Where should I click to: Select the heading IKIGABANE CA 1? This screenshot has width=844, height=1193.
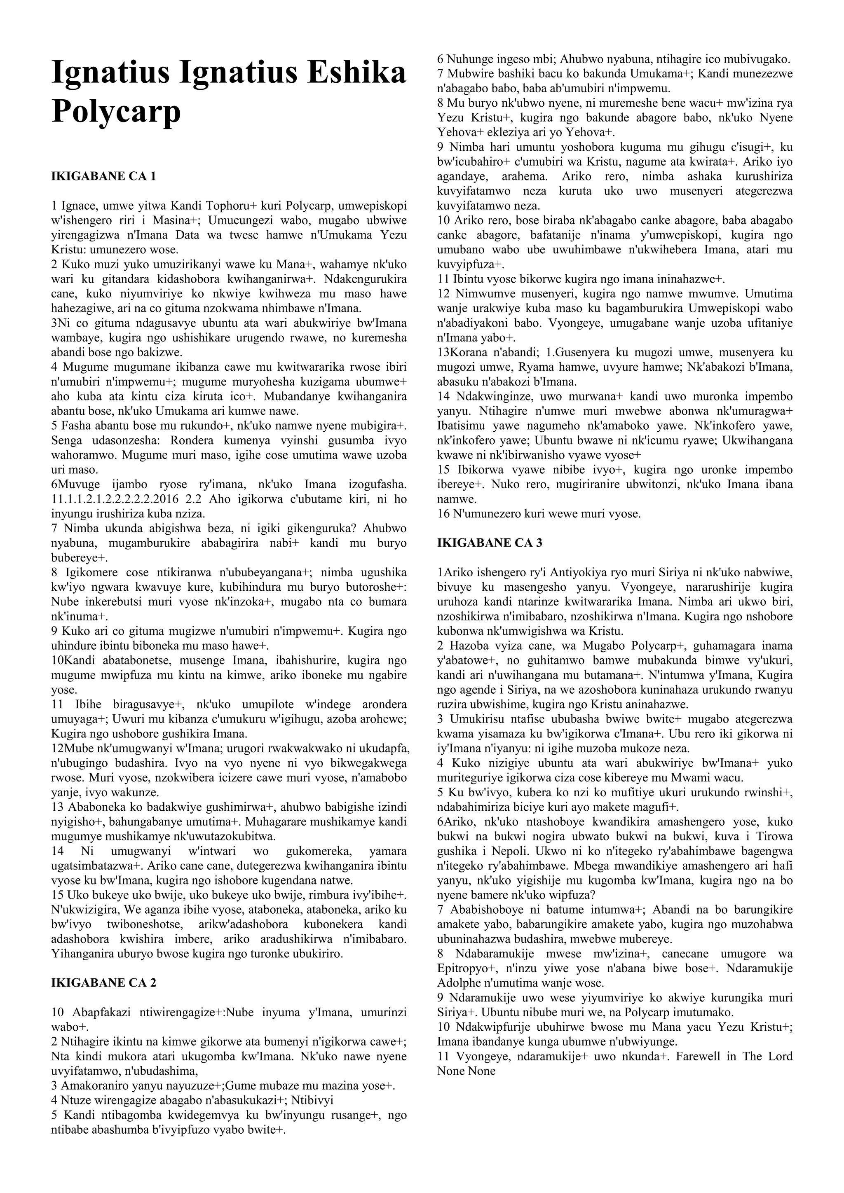tap(103, 176)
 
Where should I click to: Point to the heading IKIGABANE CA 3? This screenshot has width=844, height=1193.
tap(490, 543)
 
